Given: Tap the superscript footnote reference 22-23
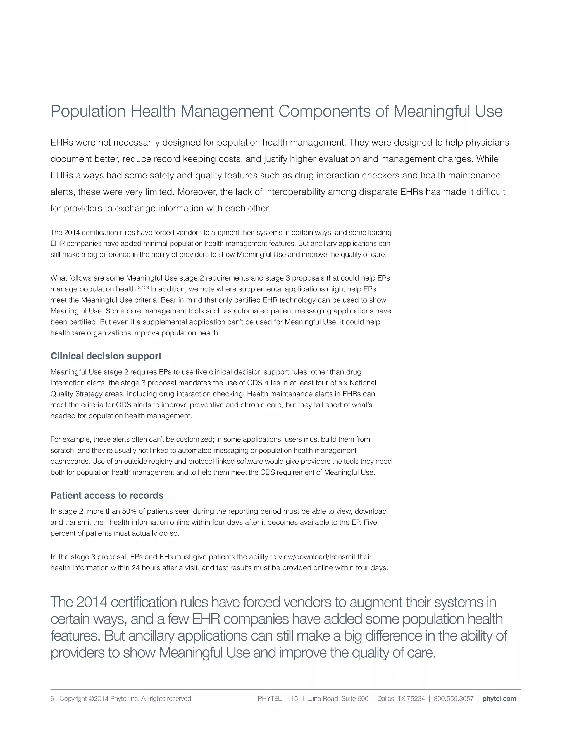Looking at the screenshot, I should (143, 287).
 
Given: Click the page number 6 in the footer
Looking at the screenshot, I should (52, 698).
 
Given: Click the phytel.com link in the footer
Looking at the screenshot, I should (499, 698).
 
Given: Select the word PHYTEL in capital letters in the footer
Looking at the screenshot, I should (270, 698).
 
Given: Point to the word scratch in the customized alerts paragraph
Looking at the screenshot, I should (62, 450).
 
